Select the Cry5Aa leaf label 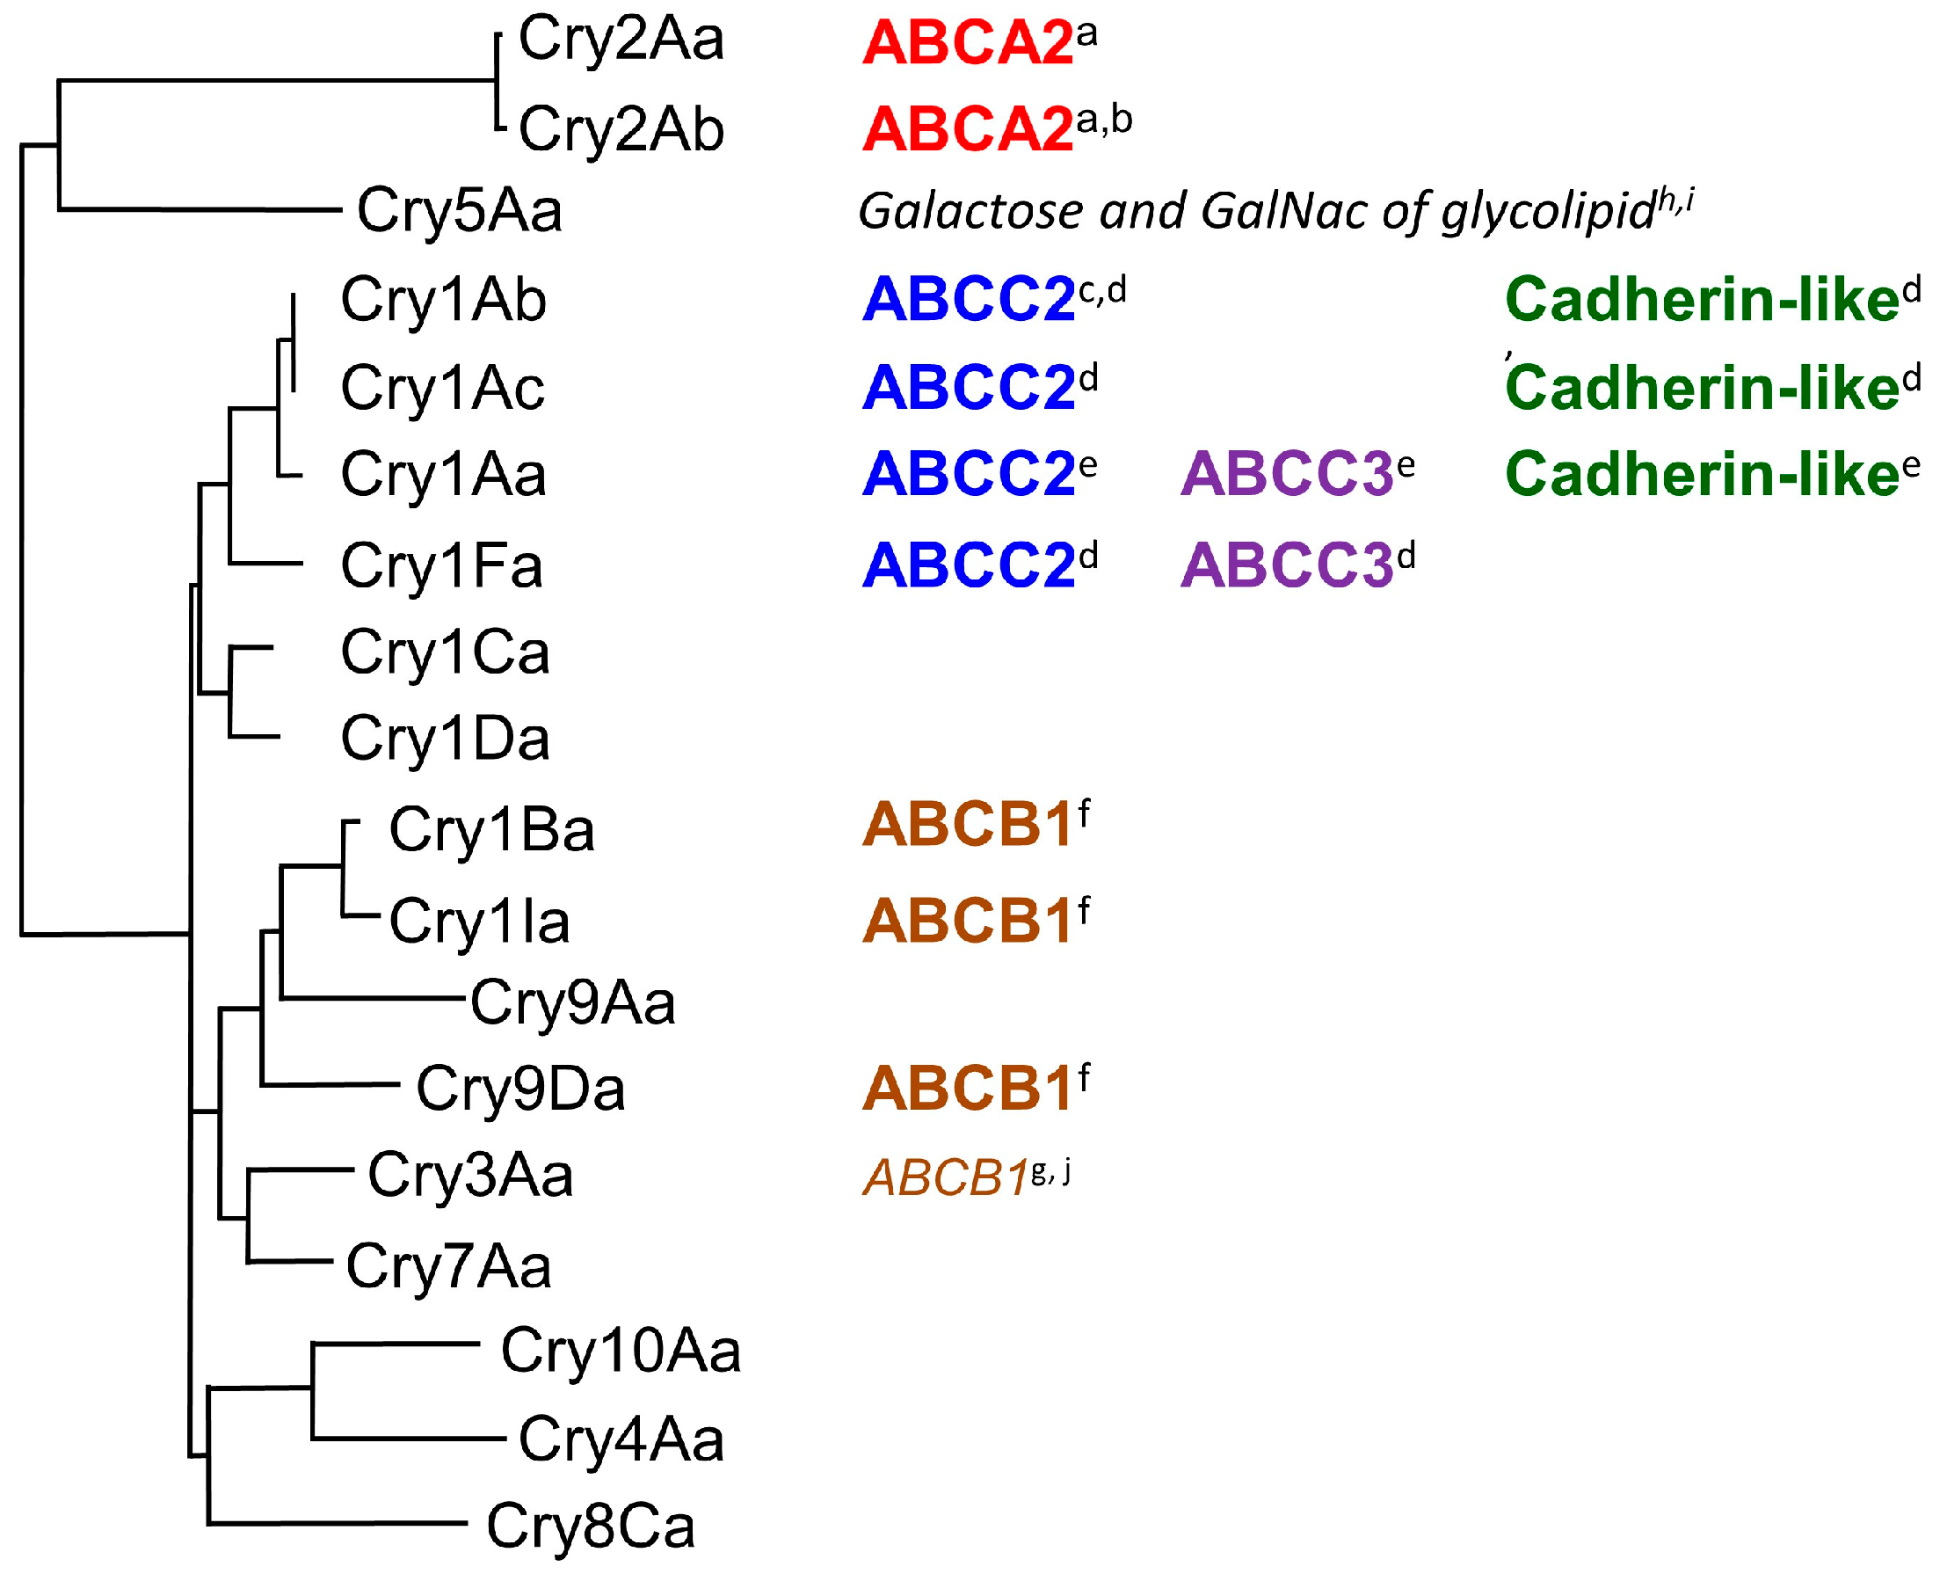(x=459, y=211)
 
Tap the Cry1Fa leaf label (x=441, y=566)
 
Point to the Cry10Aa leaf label (x=621, y=1352)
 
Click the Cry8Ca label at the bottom (x=590, y=1527)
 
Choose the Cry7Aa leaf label (x=448, y=1266)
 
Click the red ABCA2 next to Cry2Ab (x=967, y=129)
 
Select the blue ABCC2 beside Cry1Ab (x=967, y=300)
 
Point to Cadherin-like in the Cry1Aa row (x=1702, y=474)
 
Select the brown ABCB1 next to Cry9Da (x=967, y=1089)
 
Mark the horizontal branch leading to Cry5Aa (x=200, y=210)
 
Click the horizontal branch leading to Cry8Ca (x=336, y=1523)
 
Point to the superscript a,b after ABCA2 (x=1104, y=120)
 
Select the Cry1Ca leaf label (x=445, y=652)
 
